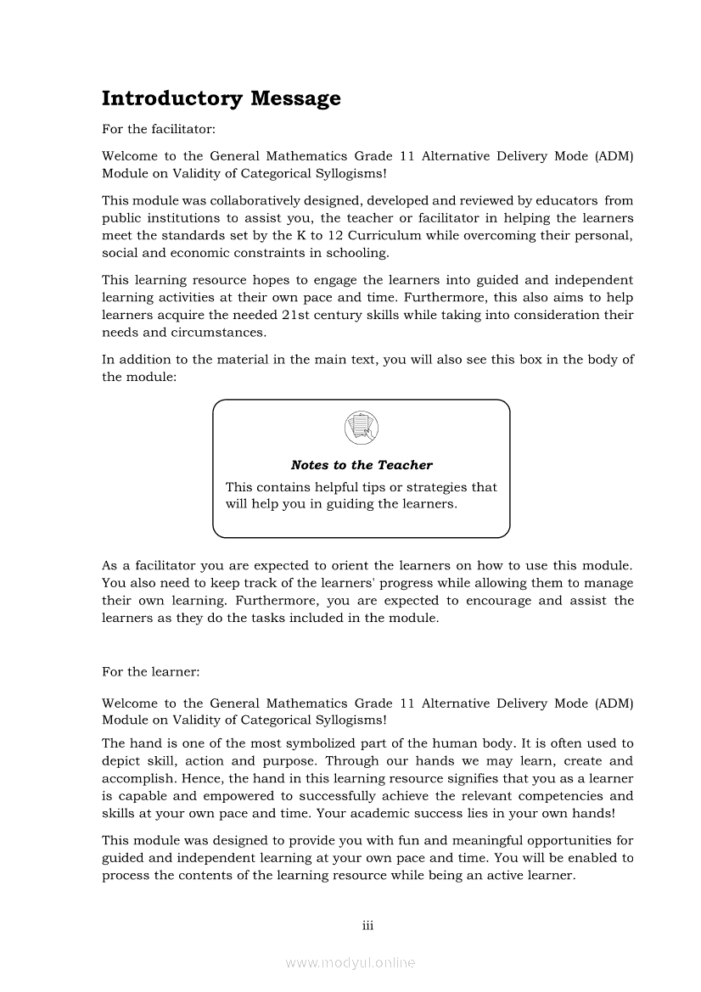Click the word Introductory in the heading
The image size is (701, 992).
point(172,98)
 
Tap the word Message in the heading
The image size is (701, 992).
point(295,98)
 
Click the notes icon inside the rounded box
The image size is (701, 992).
point(362,427)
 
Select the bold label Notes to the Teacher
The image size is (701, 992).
point(362,465)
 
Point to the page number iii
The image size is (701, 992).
point(367,925)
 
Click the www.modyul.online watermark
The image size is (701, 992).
point(350,963)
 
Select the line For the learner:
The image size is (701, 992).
point(151,671)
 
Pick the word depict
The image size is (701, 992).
point(121,761)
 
